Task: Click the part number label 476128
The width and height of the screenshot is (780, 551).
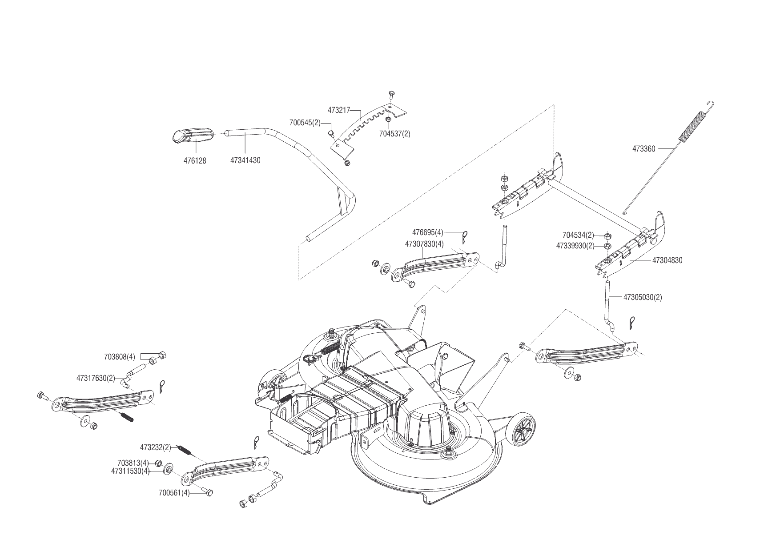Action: pos(195,160)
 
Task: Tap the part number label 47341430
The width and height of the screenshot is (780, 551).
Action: pos(245,160)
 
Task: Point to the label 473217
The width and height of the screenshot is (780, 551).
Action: pos(339,109)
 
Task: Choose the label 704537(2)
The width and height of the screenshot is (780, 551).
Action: pos(394,133)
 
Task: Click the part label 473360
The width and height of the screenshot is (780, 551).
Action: pos(643,149)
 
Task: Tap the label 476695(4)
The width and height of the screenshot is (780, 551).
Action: pos(428,232)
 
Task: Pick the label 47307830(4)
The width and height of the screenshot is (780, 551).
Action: pos(424,244)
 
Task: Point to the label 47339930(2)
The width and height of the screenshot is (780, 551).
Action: pos(575,245)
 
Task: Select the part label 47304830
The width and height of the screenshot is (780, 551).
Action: pos(667,260)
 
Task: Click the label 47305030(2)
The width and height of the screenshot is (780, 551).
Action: pos(642,297)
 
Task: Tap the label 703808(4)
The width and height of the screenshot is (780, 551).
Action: pos(119,357)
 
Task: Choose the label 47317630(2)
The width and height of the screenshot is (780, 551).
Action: pos(96,378)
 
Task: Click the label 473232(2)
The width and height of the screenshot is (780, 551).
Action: pos(156,447)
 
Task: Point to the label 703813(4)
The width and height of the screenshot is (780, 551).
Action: pos(133,463)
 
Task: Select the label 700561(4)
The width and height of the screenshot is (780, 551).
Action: pos(174,493)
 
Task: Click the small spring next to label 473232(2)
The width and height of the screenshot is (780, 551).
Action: pos(185,449)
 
